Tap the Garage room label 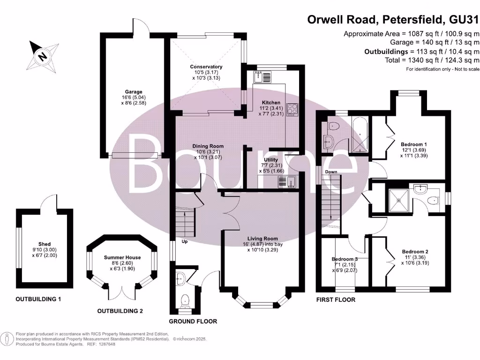tap(134, 92)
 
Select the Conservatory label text tap(206, 67)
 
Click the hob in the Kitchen tap(292, 110)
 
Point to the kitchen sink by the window tap(262, 77)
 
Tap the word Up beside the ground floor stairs tap(185, 241)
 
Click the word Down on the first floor tap(331, 172)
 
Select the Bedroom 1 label tap(414, 144)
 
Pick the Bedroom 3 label tap(345, 259)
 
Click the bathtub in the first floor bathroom tap(360, 135)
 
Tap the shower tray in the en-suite tap(398, 201)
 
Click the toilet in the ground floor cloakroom tap(185, 301)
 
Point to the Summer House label tap(122, 258)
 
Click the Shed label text tap(45, 244)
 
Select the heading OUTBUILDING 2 tap(120, 311)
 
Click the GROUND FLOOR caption tap(193, 322)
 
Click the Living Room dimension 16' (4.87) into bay tap(262, 244)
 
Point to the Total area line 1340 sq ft tap(432, 60)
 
